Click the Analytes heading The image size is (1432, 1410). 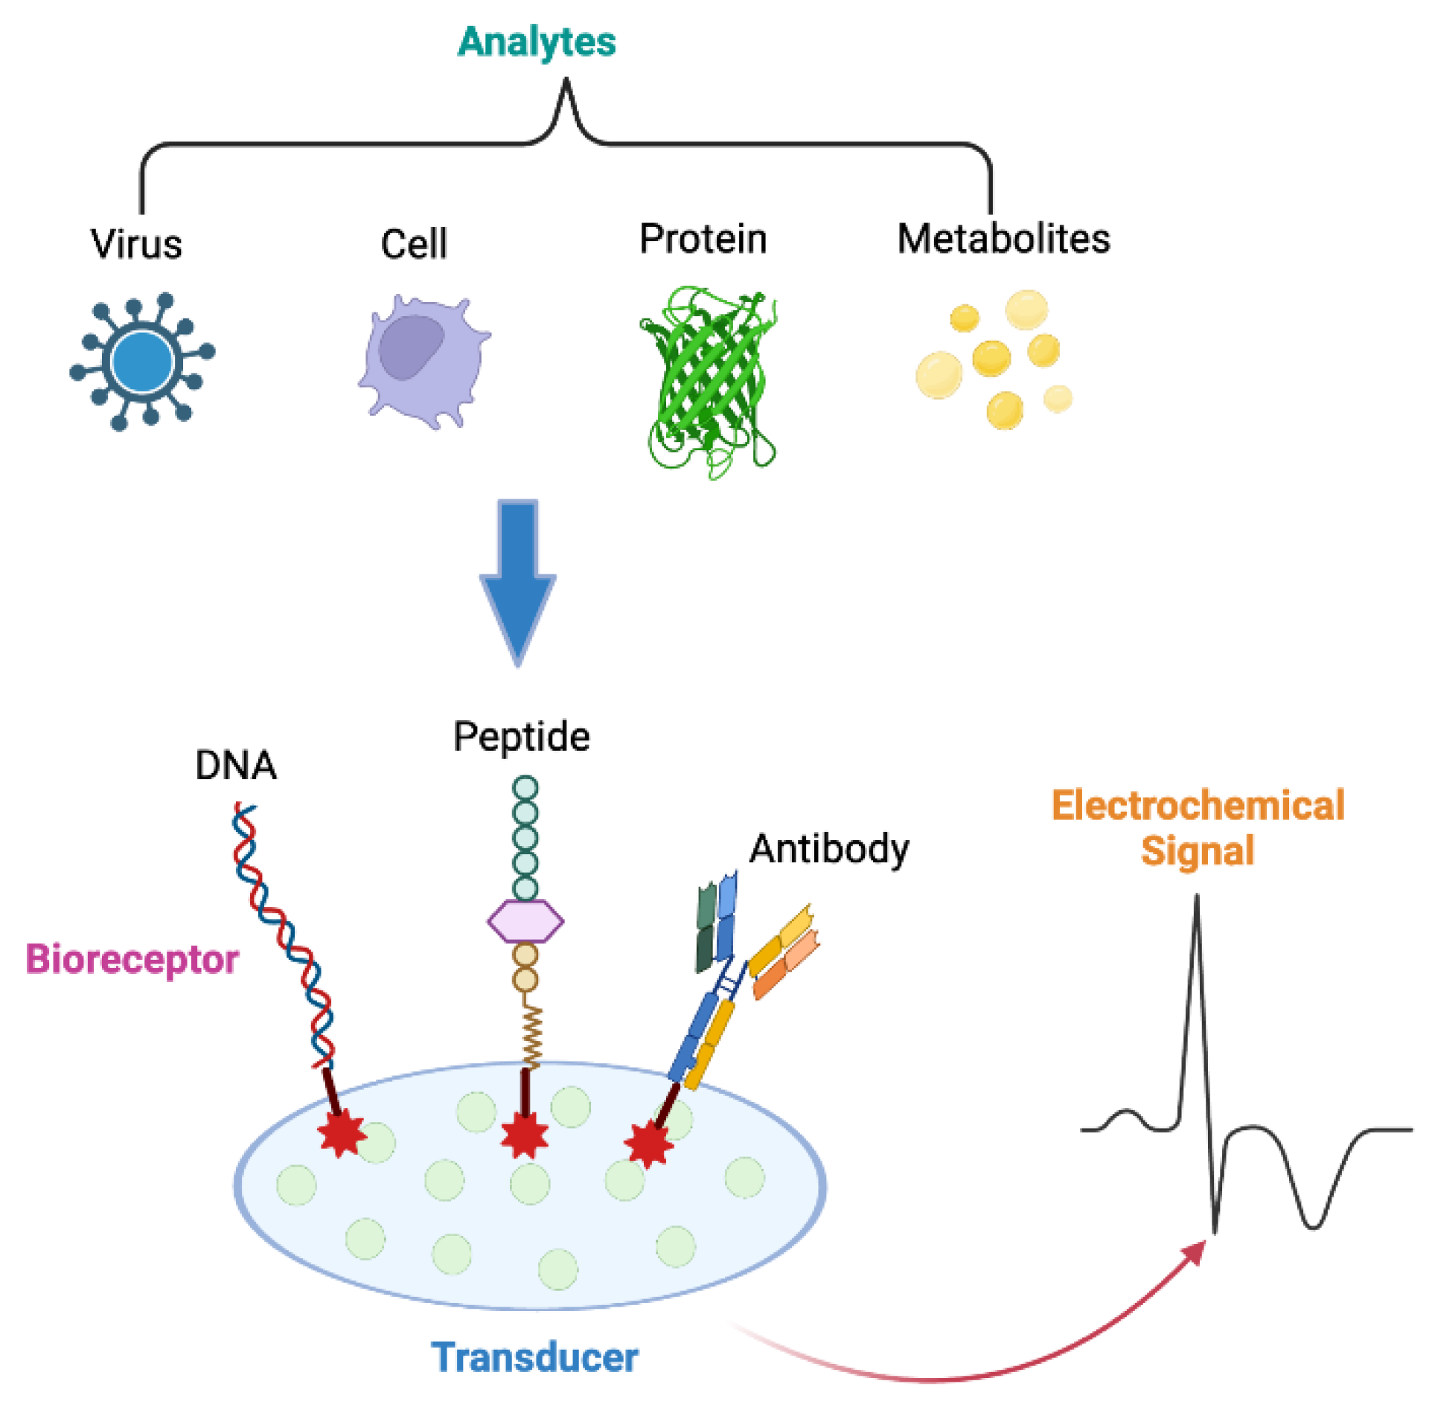[536, 41]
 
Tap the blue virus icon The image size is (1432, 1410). [141, 362]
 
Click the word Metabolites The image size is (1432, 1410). [1003, 240]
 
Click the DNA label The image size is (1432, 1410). [235, 765]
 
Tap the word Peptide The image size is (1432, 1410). [521, 737]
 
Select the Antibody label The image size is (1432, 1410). [828, 849]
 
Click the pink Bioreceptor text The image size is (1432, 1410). [132, 959]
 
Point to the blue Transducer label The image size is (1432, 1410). [534, 1357]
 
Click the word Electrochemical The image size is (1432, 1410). [1197, 806]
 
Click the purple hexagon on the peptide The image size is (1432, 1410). [525, 922]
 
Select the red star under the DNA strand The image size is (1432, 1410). [342, 1135]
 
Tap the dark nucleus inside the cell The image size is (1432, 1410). [410, 347]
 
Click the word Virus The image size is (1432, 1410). [136, 244]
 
